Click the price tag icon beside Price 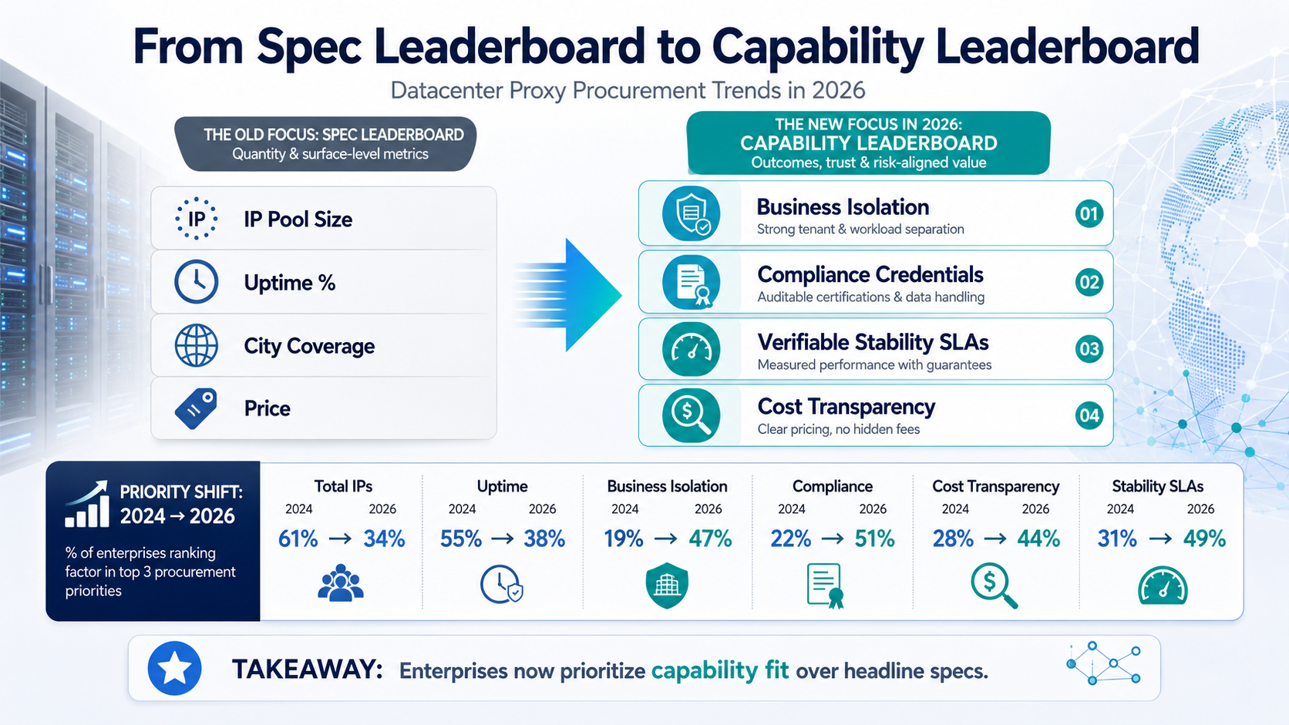[197, 408]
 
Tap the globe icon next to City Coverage [197, 345]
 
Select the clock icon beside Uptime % [197, 282]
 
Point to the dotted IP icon [197, 219]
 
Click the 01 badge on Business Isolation [1089, 214]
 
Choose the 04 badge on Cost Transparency [1089, 415]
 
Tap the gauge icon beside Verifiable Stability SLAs [691, 349]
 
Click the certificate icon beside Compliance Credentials [691, 282]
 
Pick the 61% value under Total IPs [298, 539]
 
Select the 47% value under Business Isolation [711, 539]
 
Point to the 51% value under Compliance [875, 539]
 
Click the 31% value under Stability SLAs [1117, 539]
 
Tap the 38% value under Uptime [544, 539]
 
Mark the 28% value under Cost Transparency [953, 539]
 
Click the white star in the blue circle [174, 669]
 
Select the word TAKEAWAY [308, 670]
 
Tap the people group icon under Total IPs [341, 583]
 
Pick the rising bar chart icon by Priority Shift [87, 504]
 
